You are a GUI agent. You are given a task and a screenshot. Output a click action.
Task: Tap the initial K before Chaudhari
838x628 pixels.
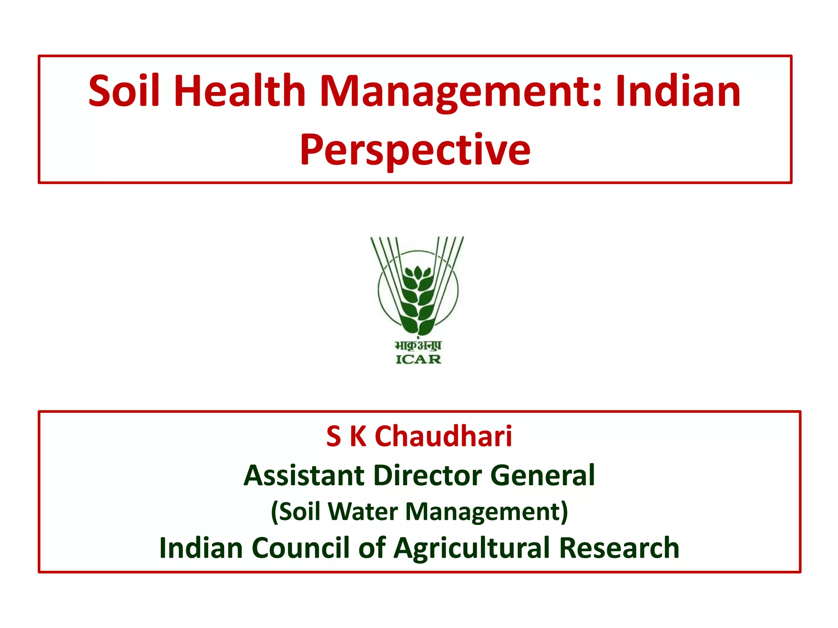358,436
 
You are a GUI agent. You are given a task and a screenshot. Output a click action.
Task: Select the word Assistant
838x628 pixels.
304,475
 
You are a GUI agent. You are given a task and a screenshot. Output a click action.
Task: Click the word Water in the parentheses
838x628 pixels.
363,511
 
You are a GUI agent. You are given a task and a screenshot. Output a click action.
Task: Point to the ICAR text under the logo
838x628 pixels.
418,359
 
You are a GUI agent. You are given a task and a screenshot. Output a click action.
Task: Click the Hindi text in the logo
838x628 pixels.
418,345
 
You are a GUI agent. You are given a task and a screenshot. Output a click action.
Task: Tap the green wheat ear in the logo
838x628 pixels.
418,298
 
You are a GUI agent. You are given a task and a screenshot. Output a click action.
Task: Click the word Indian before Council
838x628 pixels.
201,547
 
